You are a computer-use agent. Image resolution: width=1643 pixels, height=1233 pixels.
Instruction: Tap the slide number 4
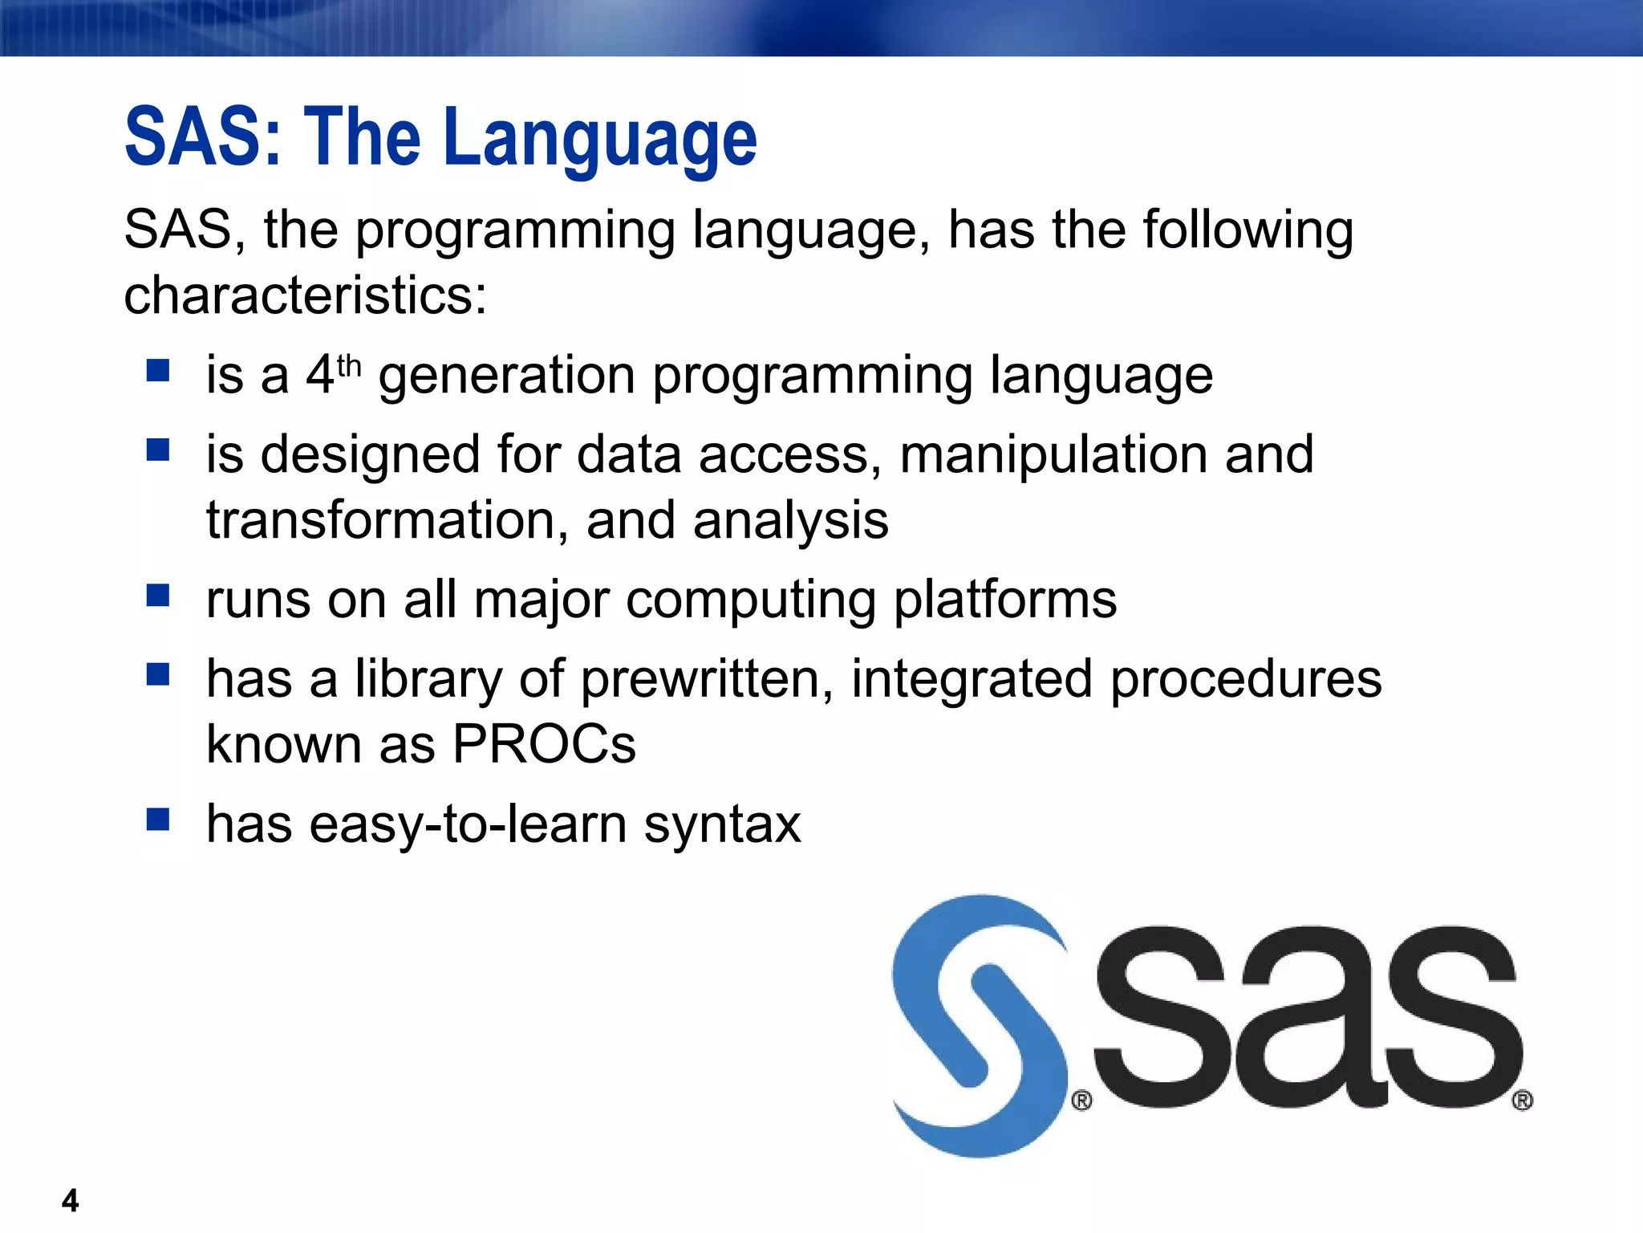70,1201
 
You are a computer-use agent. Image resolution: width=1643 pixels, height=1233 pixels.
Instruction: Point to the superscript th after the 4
349,366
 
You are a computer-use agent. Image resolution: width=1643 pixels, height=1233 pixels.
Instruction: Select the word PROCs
544,744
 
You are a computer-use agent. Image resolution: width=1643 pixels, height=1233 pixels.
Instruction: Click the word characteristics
305,295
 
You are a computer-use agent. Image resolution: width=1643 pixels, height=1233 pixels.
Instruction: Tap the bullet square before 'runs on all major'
158,596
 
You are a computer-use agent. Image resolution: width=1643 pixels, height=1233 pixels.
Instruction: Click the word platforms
1004,600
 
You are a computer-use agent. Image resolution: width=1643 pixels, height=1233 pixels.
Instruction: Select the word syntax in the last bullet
722,824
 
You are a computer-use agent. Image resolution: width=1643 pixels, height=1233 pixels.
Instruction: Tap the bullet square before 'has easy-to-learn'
158,820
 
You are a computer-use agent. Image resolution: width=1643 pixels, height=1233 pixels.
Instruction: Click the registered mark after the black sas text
1522,1101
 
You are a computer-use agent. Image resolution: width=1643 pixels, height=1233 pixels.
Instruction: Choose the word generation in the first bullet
507,376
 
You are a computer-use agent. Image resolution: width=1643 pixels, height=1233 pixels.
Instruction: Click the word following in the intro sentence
1248,230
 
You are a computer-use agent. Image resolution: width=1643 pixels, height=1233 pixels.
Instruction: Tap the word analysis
791,520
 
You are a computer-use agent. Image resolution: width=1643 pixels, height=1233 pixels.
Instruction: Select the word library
428,679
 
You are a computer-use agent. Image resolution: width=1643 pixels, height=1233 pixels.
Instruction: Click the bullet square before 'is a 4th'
158,371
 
